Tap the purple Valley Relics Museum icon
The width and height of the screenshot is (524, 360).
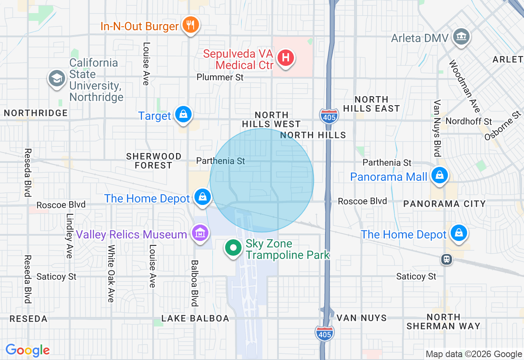(x=200, y=234)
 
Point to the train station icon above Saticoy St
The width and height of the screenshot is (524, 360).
(x=446, y=259)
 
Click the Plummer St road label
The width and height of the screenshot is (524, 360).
(x=220, y=77)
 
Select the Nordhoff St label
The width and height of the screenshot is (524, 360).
(x=469, y=122)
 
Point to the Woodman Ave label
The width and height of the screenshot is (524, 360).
(x=465, y=86)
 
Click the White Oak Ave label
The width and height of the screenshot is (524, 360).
(x=111, y=274)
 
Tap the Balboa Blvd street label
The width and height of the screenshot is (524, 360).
(x=195, y=283)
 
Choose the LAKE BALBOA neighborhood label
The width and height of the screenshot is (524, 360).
(x=195, y=318)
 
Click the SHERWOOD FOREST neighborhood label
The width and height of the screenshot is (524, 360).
(x=154, y=161)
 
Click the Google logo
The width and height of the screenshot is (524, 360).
(x=27, y=350)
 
